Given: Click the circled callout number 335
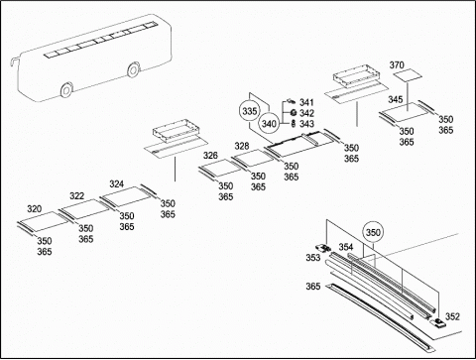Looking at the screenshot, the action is tap(250, 111).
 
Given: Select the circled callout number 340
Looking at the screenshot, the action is tap(269, 124).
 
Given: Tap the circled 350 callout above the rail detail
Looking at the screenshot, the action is tap(373, 232).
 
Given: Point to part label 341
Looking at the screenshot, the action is tap(306, 102).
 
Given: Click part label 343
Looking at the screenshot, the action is tap(306, 124).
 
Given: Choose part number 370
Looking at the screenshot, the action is tap(397, 65).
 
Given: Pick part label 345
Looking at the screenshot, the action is tap(396, 99).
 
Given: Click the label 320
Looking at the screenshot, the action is tap(35, 209).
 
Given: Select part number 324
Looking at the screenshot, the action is tap(117, 184).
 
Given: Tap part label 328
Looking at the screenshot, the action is tap(242, 146).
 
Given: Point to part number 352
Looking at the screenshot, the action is tap(452, 316).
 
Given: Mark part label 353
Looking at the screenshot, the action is tap(313, 257).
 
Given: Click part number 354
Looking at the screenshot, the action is tap(346, 247).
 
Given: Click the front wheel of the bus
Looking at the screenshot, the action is tap(66, 89).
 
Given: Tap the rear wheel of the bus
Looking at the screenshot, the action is tap(133, 69).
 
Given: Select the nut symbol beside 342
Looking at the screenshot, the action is tap(293, 113).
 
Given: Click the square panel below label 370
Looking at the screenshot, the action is tap(408, 75).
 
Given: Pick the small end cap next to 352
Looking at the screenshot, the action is tap(437, 322).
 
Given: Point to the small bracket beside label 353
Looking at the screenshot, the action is tap(323, 248).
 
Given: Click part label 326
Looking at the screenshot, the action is tap(210, 155).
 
